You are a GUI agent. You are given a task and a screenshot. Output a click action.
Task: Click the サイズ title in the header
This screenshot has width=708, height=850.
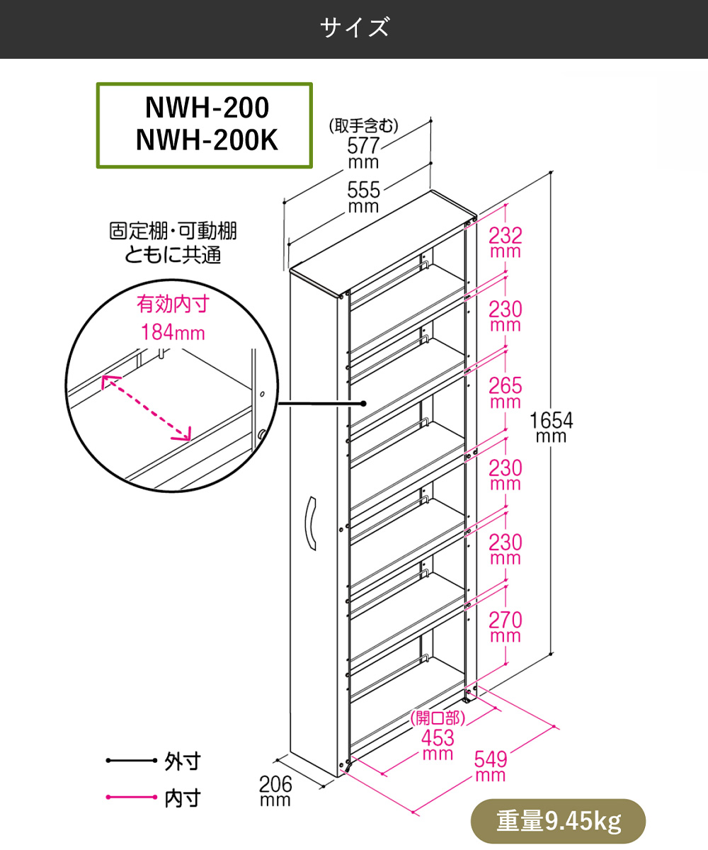coord(354,28)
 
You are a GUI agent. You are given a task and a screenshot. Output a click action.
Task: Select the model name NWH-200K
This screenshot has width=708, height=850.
coord(207,140)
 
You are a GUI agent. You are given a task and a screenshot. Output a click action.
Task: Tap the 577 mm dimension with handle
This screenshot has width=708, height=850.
coord(363,153)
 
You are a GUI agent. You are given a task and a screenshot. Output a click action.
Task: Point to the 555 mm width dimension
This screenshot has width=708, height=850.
coord(363,197)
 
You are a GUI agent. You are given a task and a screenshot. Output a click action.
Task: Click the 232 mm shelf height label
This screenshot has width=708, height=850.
coord(506,242)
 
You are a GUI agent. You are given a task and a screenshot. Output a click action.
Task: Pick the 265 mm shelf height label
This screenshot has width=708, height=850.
coord(506,392)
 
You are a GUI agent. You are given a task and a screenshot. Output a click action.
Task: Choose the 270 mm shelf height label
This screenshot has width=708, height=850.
coord(506,627)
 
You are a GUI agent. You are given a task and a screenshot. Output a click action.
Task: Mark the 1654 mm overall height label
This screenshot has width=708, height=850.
coord(551,427)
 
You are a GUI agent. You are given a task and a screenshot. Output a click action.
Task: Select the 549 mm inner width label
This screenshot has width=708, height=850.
coord(491,766)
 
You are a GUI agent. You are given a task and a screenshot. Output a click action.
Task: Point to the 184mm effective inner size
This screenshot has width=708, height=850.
coord(173,332)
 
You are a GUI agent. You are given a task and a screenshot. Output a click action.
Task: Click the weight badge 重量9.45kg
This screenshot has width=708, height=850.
coord(559,821)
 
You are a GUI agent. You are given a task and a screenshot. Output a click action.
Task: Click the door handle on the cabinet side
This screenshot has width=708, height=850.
coord(311,523)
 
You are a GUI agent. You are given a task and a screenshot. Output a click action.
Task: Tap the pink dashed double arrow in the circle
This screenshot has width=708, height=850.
coord(146,408)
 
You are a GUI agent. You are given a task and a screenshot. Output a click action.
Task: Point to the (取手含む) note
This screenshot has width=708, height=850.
coord(363,125)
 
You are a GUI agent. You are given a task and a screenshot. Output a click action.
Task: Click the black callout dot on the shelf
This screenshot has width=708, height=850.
coord(363,404)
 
